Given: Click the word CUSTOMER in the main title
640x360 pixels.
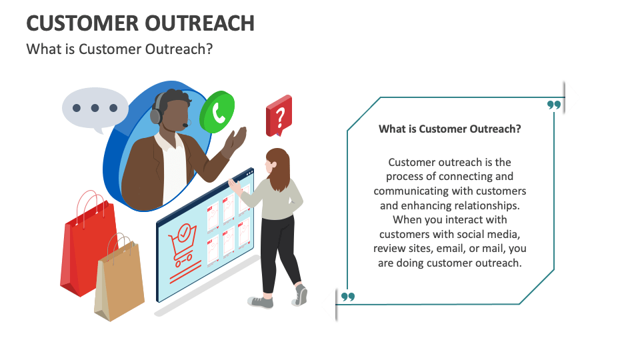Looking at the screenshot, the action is [83, 23].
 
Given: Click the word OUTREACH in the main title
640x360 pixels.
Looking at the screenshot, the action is [200, 23].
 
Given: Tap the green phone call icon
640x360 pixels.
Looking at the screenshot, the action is [217, 112].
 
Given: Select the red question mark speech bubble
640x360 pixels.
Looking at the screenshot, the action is [279, 116].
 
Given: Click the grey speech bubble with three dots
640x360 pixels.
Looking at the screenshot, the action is [95, 109].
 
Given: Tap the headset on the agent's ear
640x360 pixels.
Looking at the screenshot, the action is [157, 110].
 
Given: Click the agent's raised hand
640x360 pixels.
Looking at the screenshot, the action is [235, 140].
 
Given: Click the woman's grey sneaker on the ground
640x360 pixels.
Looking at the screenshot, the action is [261, 302].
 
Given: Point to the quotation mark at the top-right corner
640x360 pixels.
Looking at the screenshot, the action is [554, 105].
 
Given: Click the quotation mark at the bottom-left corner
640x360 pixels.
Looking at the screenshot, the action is [348, 297].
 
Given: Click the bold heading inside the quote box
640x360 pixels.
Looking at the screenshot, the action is [450, 129].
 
